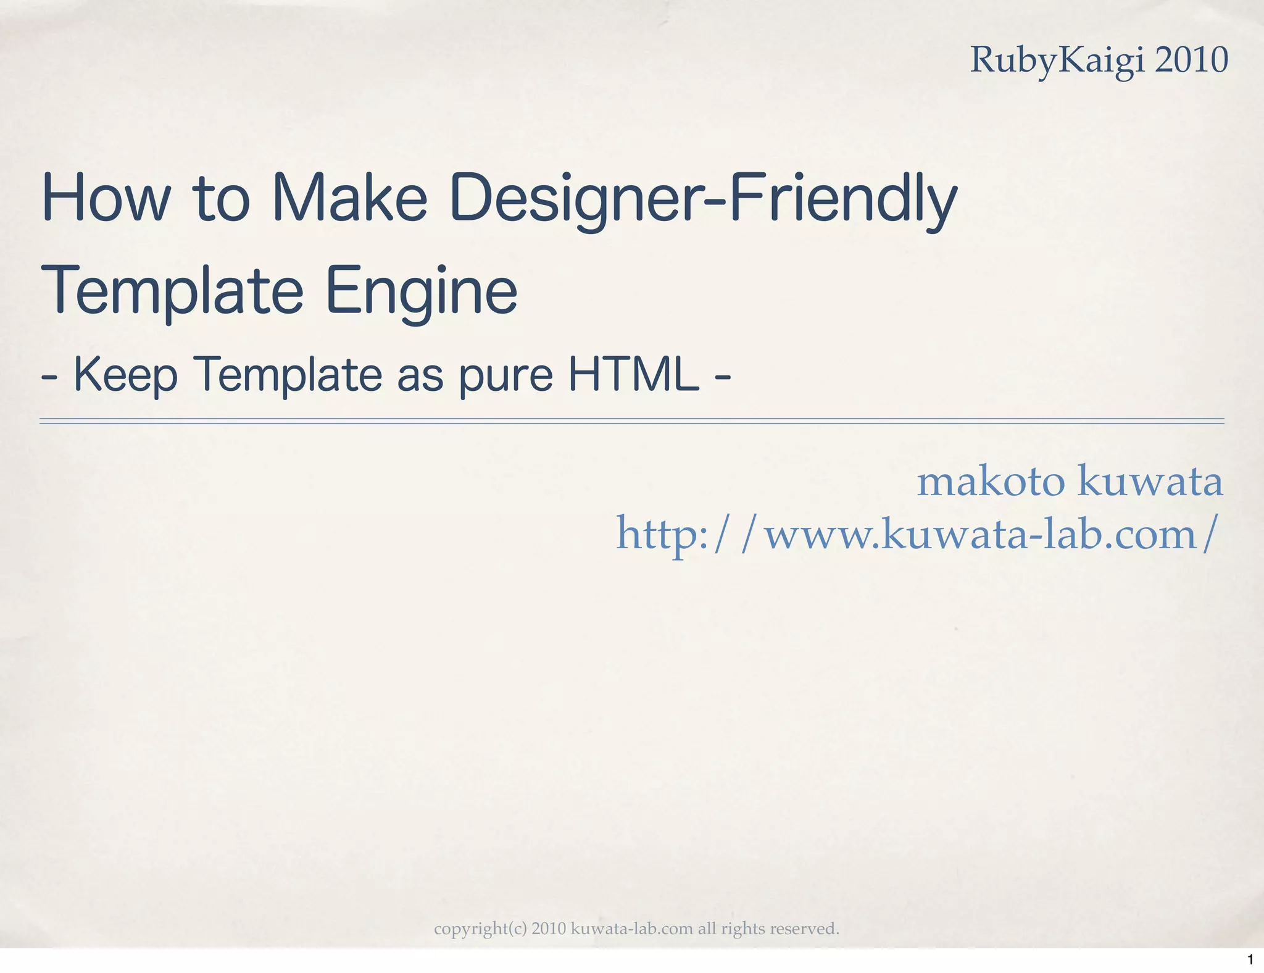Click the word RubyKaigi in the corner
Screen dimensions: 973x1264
pos(1056,61)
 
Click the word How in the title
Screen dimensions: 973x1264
pos(104,199)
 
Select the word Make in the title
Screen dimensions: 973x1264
pos(349,199)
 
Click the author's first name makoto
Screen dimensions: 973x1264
pos(991,482)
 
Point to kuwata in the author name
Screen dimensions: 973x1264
pos(1150,482)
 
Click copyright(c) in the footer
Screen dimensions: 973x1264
pos(480,929)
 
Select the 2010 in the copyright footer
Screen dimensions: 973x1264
pos(549,929)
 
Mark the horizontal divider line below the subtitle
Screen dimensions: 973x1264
pos(632,421)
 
